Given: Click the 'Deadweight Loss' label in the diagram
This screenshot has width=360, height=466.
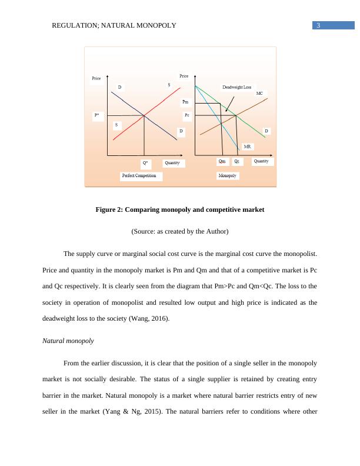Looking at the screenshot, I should click(236, 87).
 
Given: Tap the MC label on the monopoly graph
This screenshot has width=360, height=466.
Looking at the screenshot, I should click(260, 93).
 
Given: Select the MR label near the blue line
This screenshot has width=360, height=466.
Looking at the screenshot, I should click(248, 145).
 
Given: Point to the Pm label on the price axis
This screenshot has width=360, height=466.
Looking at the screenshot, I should click(185, 102).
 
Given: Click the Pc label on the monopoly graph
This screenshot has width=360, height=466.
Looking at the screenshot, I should click(186, 115).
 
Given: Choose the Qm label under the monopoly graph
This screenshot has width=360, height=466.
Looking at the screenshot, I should click(222, 161).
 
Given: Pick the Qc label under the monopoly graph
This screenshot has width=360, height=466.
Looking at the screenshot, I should click(236, 161).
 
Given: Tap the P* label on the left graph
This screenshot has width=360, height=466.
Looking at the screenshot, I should click(96, 115).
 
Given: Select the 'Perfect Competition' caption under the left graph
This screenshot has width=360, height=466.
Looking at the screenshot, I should click(139, 175).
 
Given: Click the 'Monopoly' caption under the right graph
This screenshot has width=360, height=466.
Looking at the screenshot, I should click(228, 175).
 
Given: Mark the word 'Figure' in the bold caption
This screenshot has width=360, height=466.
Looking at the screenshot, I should click(106, 209).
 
